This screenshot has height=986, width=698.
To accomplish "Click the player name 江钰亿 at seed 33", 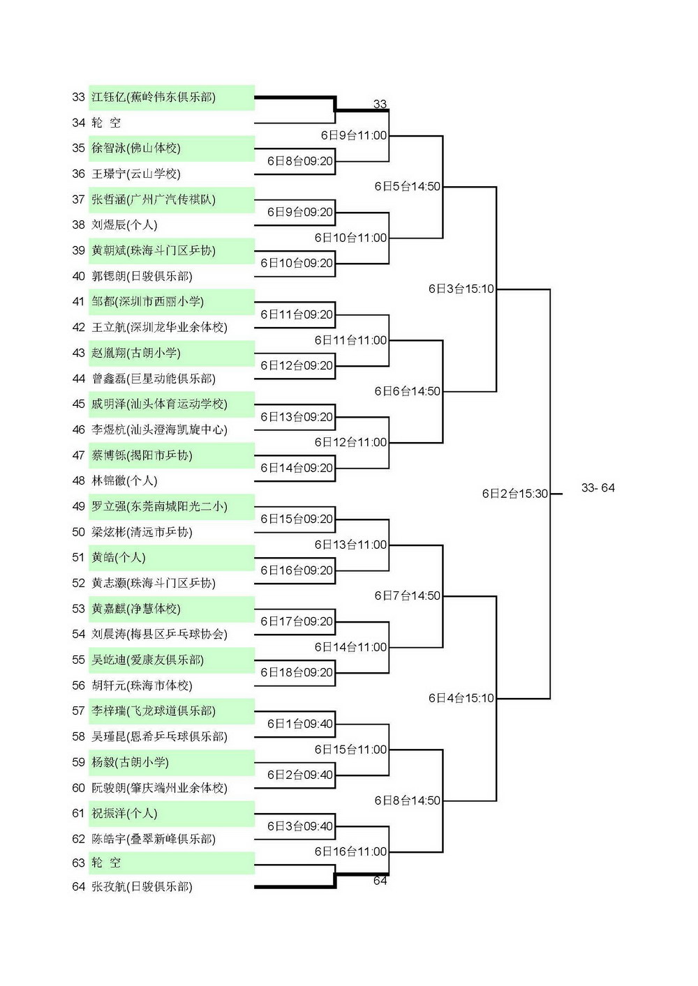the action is coord(108,97).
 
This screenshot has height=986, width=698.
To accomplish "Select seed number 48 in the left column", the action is coord(78,480).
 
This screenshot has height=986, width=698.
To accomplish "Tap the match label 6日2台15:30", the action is coord(514,494).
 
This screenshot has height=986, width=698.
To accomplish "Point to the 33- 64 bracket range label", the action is coord(598,487).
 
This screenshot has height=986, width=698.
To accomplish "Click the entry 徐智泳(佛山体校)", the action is coord(136,148).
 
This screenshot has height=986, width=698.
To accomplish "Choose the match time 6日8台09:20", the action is coord(300,161).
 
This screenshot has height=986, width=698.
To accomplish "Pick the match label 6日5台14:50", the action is coord(408,187).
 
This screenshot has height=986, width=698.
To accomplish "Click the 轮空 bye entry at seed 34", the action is coord(106,122).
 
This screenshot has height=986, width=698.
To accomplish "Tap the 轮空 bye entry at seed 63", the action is coord(106,863).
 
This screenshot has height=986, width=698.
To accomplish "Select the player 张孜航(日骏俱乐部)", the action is coord(142,886).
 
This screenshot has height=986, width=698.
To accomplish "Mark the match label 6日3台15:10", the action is coord(461,289).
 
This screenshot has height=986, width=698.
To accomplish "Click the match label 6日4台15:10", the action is coord(461,698).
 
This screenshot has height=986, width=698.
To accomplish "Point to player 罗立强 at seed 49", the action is coord(108,506).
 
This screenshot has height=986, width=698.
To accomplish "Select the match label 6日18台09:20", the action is coord(297,673).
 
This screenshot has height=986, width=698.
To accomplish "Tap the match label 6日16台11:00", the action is coord(351,851).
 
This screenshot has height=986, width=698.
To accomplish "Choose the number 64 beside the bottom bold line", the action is coord(380,881).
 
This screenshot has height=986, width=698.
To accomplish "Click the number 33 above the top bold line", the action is coord(380,104).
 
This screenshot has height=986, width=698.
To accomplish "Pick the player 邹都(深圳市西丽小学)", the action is coord(147,301).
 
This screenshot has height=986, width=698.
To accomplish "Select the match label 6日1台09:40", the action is coord(300,724).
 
